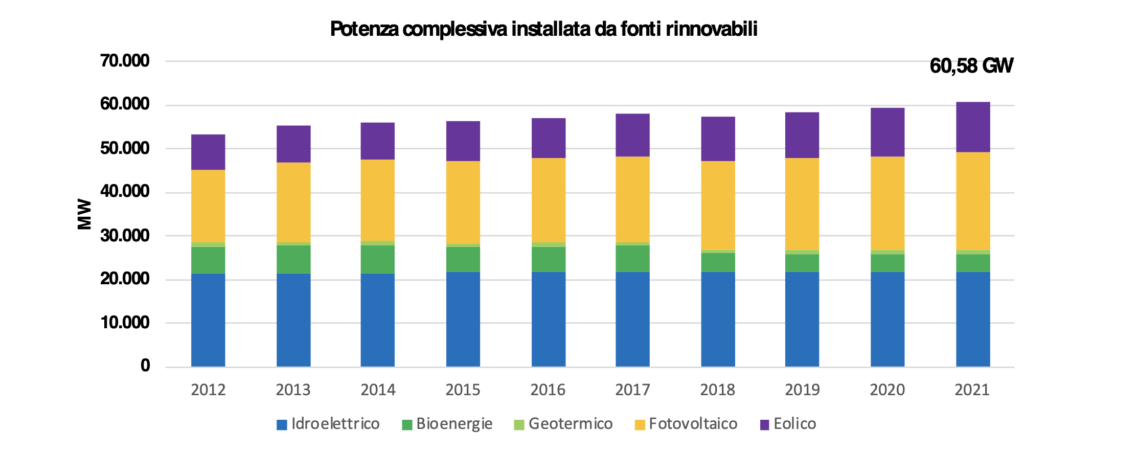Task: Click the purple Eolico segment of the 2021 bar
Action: (x=973, y=127)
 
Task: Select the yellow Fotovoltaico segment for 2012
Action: (x=208, y=206)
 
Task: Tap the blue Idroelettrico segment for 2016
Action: (x=549, y=319)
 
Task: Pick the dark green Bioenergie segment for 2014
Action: (x=378, y=259)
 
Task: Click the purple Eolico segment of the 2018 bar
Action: (x=718, y=139)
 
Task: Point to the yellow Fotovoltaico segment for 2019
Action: (x=802, y=204)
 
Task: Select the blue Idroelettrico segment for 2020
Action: (x=887, y=319)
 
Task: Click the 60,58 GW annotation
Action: (x=971, y=66)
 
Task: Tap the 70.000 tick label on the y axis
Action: (x=125, y=61)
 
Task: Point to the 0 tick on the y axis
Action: (x=145, y=366)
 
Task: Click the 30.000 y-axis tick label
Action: (x=125, y=236)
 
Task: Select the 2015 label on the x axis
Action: (x=463, y=390)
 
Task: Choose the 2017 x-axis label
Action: (x=632, y=390)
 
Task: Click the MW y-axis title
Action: (x=84, y=214)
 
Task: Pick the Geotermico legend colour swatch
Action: (x=519, y=425)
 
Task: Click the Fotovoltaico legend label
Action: (x=693, y=424)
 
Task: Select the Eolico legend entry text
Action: (x=794, y=424)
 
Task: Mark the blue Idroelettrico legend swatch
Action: (x=282, y=425)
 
